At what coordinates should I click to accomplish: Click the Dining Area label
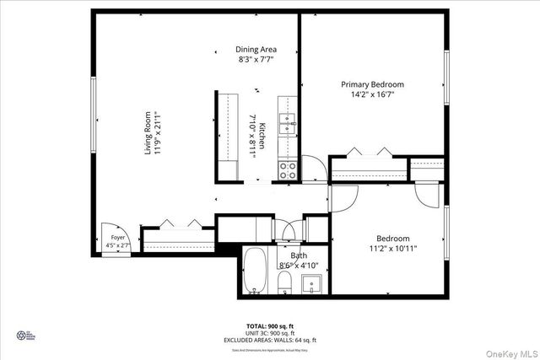[256, 49]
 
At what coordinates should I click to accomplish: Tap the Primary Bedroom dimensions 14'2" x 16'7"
[372, 94]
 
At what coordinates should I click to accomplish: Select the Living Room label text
[148, 132]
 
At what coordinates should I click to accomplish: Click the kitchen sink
[289, 123]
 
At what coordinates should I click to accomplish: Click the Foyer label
[117, 239]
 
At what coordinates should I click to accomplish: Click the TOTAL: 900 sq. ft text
[269, 325]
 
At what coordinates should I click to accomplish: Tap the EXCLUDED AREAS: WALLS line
[269, 339]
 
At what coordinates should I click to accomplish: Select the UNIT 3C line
[269, 332]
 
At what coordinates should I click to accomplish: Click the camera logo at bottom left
[21, 336]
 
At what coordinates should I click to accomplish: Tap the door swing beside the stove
[311, 168]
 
